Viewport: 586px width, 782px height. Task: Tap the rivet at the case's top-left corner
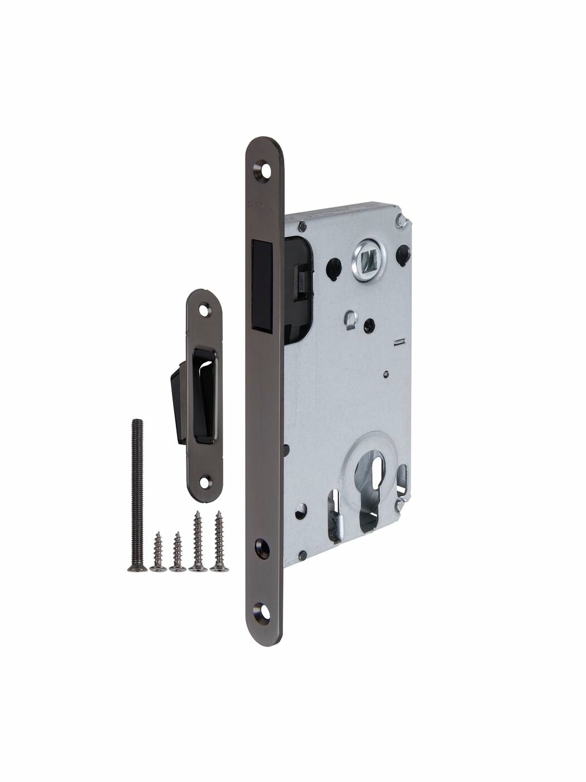[x=301, y=226]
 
